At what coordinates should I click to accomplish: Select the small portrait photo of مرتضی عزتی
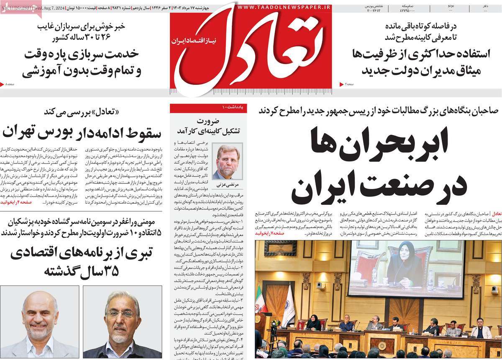click(x=227, y=161)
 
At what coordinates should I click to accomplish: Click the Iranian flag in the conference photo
click(x=262, y=299)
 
